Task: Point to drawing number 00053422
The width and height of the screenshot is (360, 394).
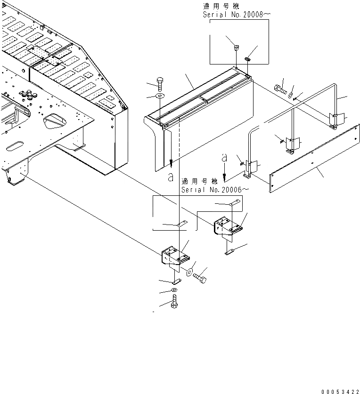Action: pyautogui.click(x=340, y=390)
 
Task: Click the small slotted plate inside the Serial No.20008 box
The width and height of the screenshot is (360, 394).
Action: pyautogui.click(x=247, y=59)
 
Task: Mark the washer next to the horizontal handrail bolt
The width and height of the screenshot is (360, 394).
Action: pyautogui.click(x=291, y=96)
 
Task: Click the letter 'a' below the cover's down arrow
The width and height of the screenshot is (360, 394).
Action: pyautogui.click(x=170, y=177)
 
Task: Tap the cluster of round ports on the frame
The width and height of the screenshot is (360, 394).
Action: pyautogui.click(x=29, y=95)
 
